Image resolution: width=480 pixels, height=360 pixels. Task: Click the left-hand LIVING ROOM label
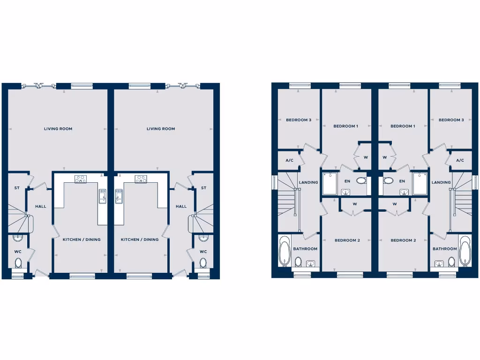point(58,128)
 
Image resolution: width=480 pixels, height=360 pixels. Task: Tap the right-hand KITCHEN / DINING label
point(140,240)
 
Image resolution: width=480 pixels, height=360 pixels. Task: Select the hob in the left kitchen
point(81,179)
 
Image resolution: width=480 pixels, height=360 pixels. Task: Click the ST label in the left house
point(17,188)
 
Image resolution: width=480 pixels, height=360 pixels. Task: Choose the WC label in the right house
point(203,252)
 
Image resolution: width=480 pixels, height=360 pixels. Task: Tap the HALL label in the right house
point(181,206)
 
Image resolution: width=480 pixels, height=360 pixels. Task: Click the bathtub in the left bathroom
point(284,251)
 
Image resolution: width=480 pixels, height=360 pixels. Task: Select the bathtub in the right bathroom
point(465,251)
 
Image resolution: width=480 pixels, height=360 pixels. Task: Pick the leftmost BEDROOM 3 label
point(299,120)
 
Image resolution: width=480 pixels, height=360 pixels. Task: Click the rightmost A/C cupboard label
point(460,160)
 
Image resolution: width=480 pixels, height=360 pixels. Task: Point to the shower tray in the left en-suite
point(330,183)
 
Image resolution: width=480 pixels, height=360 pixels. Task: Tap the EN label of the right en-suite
point(402,181)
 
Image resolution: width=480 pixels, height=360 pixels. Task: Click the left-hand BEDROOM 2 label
point(347,240)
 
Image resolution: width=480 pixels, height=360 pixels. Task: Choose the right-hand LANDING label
point(441,182)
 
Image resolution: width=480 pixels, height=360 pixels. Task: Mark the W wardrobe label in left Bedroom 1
point(365,157)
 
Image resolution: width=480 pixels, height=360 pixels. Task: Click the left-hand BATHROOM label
point(305,249)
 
